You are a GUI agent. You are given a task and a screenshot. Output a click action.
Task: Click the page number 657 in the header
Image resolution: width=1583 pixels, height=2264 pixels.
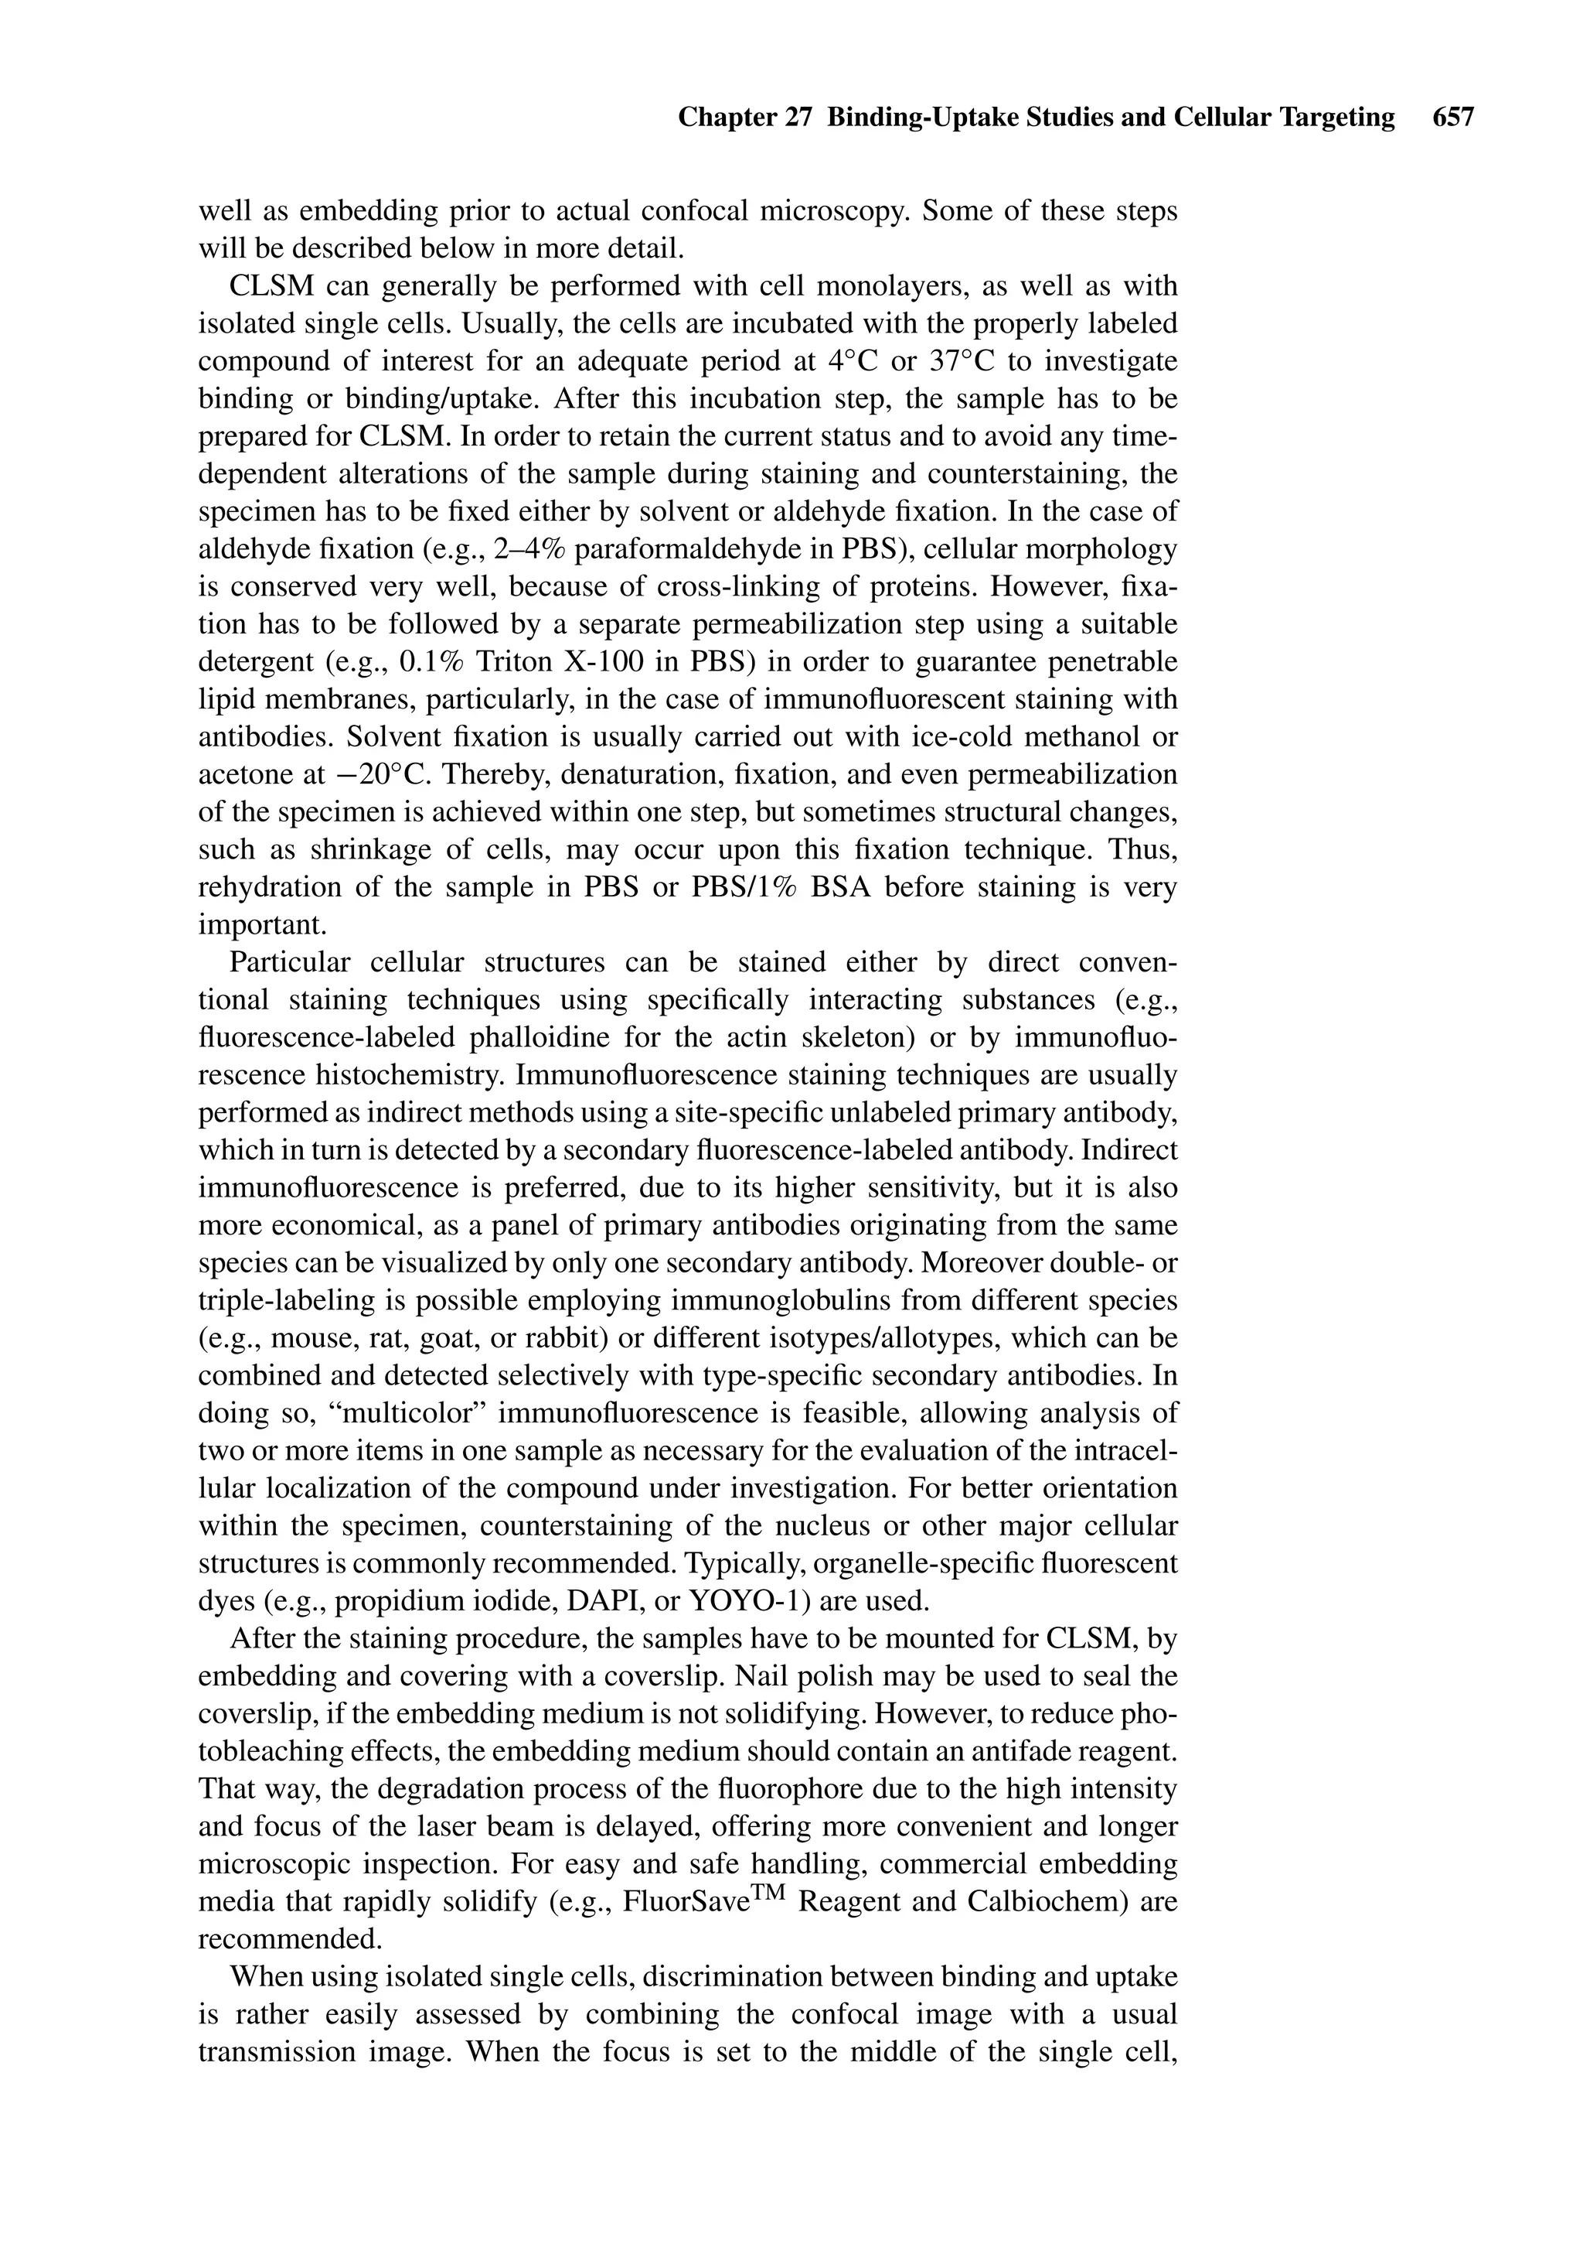click(1453, 118)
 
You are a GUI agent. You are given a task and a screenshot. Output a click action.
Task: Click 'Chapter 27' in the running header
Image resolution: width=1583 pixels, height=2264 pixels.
click(744, 118)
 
